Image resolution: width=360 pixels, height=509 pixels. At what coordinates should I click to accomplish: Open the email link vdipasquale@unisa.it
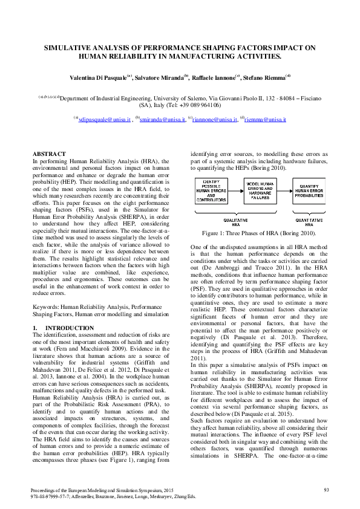[105, 120]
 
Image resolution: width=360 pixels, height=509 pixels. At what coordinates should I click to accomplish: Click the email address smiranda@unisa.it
[162, 120]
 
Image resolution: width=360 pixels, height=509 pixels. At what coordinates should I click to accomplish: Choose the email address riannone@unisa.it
[214, 120]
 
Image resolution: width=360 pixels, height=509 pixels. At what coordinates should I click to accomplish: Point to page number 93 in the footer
[326, 489]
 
